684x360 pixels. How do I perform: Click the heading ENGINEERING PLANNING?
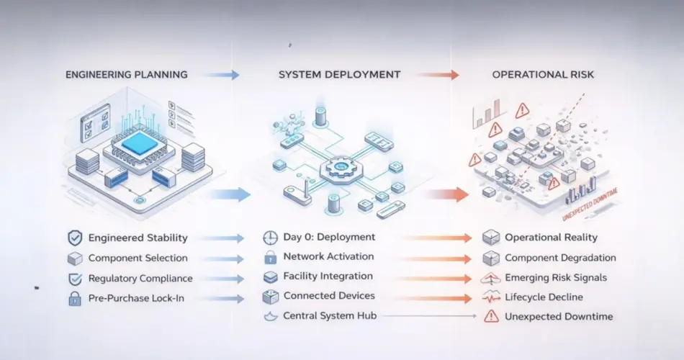pos(127,74)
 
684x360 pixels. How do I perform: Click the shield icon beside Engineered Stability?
pos(74,238)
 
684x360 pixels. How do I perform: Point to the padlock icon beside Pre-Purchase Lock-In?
pos(74,298)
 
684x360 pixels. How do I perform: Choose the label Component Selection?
pos(138,258)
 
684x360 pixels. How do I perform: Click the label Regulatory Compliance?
pos(140,278)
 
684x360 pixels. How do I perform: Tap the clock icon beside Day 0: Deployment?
pos(270,238)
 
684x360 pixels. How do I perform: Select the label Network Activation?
pos(328,256)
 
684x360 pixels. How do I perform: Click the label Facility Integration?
pos(328,276)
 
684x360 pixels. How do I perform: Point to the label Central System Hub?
pos(329,315)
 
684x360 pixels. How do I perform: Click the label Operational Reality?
pos(551,238)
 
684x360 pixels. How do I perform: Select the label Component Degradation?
pos(560,258)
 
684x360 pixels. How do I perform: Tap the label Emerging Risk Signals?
pos(555,278)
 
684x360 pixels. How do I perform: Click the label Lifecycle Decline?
pos(544,297)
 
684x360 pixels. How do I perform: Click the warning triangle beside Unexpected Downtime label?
pos(491,316)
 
